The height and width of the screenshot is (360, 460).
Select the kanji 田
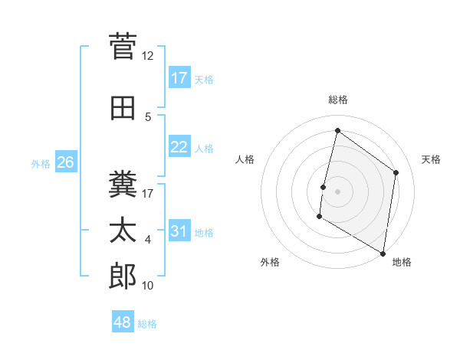coord(123,109)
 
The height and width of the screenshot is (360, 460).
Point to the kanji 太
coord(123,230)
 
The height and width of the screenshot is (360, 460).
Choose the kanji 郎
coord(123,276)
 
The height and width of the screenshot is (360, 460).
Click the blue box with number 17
coord(179,77)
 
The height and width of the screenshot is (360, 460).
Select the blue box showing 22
coord(179,147)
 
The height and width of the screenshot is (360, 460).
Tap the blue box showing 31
coord(179,231)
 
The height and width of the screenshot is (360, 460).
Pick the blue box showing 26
coord(65,162)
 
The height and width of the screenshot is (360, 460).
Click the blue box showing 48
coord(123,322)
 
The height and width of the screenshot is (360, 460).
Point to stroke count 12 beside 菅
coord(148,55)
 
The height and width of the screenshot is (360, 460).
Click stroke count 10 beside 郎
coord(148,286)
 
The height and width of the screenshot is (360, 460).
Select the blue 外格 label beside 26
coord(41,163)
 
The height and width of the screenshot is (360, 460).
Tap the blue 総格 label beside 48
coord(147,324)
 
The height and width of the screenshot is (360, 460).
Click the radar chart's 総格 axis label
coord(337,100)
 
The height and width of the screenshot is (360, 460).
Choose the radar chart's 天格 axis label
coord(431,159)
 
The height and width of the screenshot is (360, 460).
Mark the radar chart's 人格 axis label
coord(245,159)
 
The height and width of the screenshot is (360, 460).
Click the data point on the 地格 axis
coord(383,253)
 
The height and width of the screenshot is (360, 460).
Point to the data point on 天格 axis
coord(396,172)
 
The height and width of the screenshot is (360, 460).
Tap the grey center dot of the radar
coord(337,191)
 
